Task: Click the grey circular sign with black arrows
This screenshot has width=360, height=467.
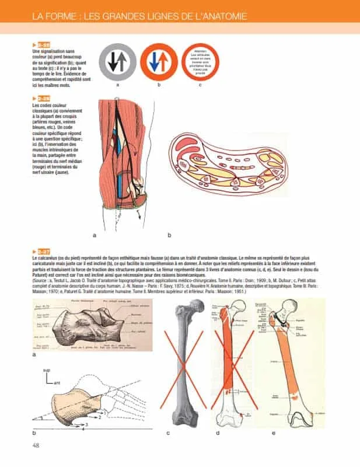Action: pyautogui.click(x=117, y=62)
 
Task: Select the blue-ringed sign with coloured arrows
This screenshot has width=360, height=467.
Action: pyautogui.click(x=159, y=62)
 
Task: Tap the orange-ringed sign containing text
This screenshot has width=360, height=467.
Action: pyautogui.click(x=200, y=62)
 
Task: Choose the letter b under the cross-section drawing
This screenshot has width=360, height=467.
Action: pyautogui.click(x=169, y=235)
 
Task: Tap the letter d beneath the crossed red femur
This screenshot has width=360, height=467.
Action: pyautogui.click(x=217, y=433)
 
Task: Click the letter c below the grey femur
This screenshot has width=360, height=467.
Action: pyautogui.click(x=168, y=433)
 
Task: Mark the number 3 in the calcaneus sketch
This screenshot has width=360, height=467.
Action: pyautogui.click(x=86, y=423)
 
